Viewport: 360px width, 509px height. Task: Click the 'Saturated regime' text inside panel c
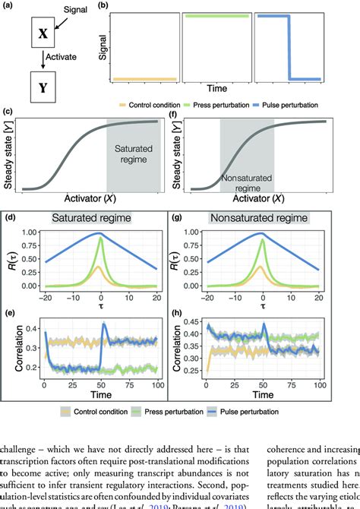[x=132, y=156]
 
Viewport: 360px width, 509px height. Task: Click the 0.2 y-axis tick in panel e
[x=34, y=366]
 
